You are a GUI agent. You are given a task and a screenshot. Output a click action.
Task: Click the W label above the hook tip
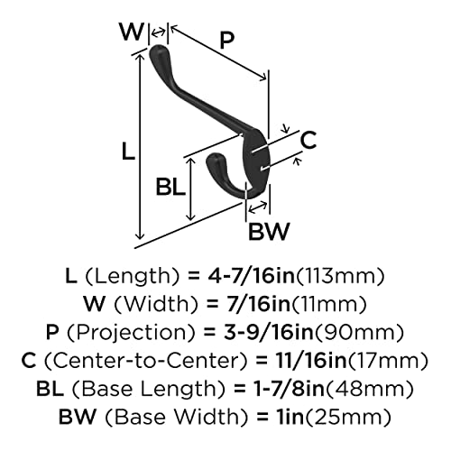coord(132,32)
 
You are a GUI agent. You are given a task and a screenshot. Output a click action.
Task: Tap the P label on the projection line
coord(226,41)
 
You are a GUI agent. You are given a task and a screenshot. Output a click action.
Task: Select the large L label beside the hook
coord(128,152)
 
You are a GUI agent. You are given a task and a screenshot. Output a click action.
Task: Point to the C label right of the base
coord(308,140)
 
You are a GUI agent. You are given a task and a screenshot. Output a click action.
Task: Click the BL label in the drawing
coord(170,187)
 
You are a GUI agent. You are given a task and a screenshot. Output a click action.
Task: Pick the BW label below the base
coord(269,231)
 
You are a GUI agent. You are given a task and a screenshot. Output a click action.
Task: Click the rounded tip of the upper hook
coord(157,51)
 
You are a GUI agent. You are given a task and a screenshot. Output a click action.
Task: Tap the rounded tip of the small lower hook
coord(213,160)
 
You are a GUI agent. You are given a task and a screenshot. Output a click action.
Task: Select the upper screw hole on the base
coord(259,149)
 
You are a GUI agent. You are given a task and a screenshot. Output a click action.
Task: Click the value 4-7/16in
coord(251,276)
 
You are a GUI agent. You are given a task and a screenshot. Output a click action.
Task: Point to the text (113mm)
coord(340,276)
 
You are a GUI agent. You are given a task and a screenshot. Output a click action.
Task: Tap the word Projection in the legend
coord(131,333)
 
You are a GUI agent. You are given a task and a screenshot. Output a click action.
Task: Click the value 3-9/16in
coord(268,332)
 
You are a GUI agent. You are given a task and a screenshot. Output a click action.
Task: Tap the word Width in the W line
coord(156,304)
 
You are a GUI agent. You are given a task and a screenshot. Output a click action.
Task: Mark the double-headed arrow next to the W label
coord(158,32)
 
